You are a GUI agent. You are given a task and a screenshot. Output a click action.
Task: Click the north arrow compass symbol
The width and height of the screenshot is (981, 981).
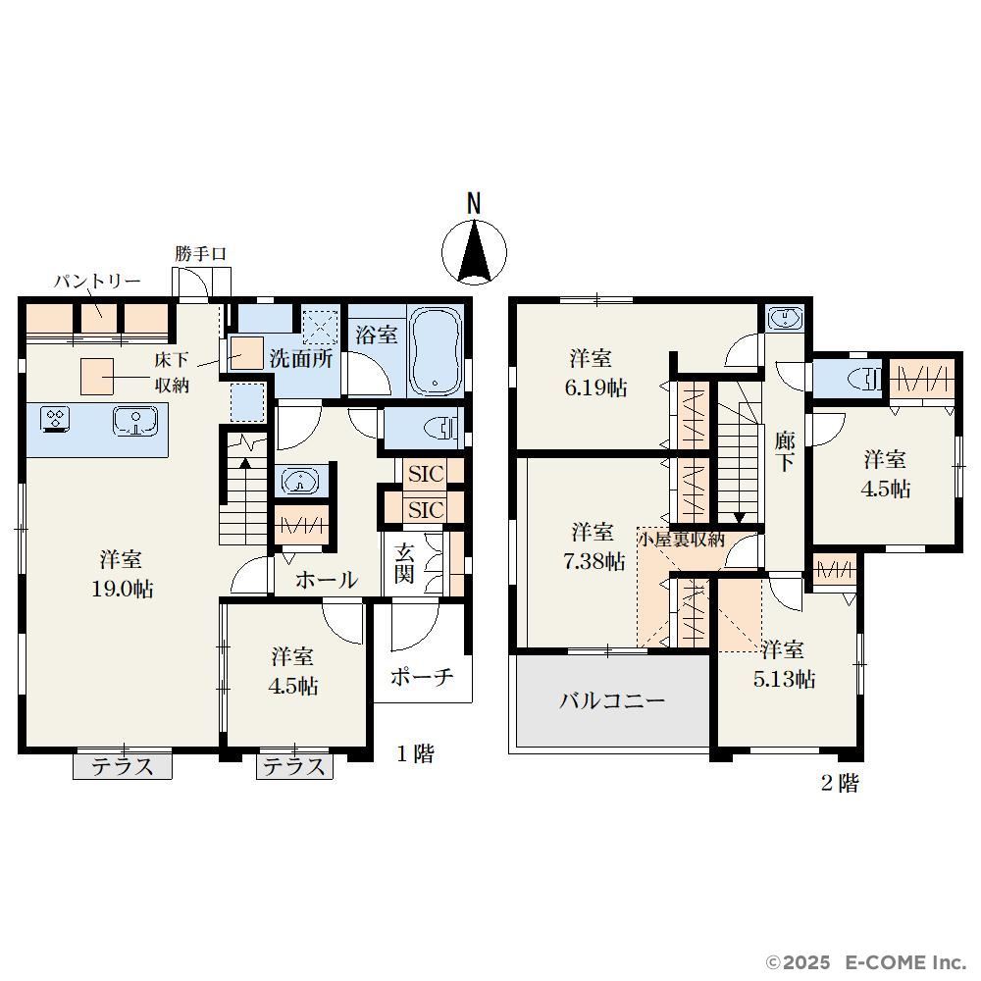[x=474, y=251]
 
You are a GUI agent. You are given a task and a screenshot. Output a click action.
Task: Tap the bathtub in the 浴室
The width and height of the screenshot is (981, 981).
[x=437, y=351]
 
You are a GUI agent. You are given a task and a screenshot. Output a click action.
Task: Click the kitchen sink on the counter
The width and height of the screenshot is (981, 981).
[x=135, y=421]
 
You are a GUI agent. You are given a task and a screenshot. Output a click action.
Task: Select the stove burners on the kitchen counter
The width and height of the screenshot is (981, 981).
[x=55, y=419]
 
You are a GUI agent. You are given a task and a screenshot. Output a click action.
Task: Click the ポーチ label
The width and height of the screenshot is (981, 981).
[x=422, y=677]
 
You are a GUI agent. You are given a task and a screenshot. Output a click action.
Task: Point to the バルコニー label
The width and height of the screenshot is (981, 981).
[x=612, y=700]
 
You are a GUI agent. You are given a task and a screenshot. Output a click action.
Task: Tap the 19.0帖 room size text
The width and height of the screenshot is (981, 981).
[x=123, y=589]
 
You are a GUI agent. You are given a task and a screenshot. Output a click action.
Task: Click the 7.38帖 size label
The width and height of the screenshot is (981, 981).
[x=594, y=561]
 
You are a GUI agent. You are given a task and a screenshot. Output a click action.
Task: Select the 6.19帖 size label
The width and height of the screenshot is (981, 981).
[x=595, y=387]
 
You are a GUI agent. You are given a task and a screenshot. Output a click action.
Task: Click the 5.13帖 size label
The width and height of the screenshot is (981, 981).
[x=784, y=679]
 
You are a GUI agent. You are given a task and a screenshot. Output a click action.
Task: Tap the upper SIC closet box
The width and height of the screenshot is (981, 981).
[x=426, y=474]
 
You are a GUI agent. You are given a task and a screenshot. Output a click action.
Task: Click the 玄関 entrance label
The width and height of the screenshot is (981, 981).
[x=404, y=564]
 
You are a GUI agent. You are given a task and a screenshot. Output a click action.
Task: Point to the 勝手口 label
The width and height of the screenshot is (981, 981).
[x=200, y=254]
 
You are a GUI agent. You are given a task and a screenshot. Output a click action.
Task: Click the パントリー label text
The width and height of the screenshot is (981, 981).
[x=97, y=282]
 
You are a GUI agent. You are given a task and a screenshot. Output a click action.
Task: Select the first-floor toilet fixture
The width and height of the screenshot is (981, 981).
[x=443, y=428]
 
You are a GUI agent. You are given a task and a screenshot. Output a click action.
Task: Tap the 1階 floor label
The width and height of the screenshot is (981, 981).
[x=415, y=753]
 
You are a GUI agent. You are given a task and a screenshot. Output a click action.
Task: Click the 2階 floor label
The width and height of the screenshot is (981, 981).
[x=841, y=783]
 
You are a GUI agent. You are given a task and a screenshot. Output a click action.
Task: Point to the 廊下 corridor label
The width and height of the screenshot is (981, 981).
[x=785, y=451]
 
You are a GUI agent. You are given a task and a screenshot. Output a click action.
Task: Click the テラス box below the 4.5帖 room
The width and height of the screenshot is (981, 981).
[x=294, y=766]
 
